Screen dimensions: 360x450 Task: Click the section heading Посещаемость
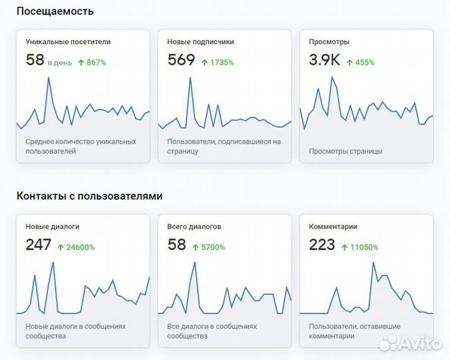pyautogui.click(x=55, y=11)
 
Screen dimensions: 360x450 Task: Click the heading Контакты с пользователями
pyautogui.click(x=89, y=196)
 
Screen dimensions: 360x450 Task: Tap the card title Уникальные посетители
pyautogui.click(x=68, y=41)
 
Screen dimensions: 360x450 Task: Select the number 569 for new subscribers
pyautogui.click(x=181, y=61)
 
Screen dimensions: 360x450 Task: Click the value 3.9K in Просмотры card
pyautogui.click(x=325, y=61)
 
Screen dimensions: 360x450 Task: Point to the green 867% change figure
pyautogui.click(x=92, y=63)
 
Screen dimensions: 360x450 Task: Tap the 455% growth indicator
pyautogui.click(x=360, y=63)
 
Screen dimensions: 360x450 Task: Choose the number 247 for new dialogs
pyautogui.click(x=39, y=245)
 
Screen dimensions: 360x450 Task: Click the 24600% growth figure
pyautogui.click(x=76, y=247)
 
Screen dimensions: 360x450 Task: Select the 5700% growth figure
pyautogui.click(x=209, y=247)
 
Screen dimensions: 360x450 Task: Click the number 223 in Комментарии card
pyautogui.click(x=322, y=245)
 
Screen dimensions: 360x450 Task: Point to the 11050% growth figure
pyautogui.click(x=360, y=247)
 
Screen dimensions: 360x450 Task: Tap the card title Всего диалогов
pyautogui.click(x=194, y=227)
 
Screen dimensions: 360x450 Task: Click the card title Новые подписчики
pyautogui.click(x=200, y=41)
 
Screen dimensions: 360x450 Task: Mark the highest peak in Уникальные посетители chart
pyautogui.click(x=49, y=78)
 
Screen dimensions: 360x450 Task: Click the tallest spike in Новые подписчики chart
pyautogui.click(x=191, y=78)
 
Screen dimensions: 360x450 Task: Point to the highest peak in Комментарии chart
pyautogui.click(x=373, y=263)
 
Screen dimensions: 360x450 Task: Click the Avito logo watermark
pyautogui.click(x=410, y=344)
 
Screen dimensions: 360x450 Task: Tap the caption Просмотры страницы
pyautogui.click(x=345, y=151)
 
